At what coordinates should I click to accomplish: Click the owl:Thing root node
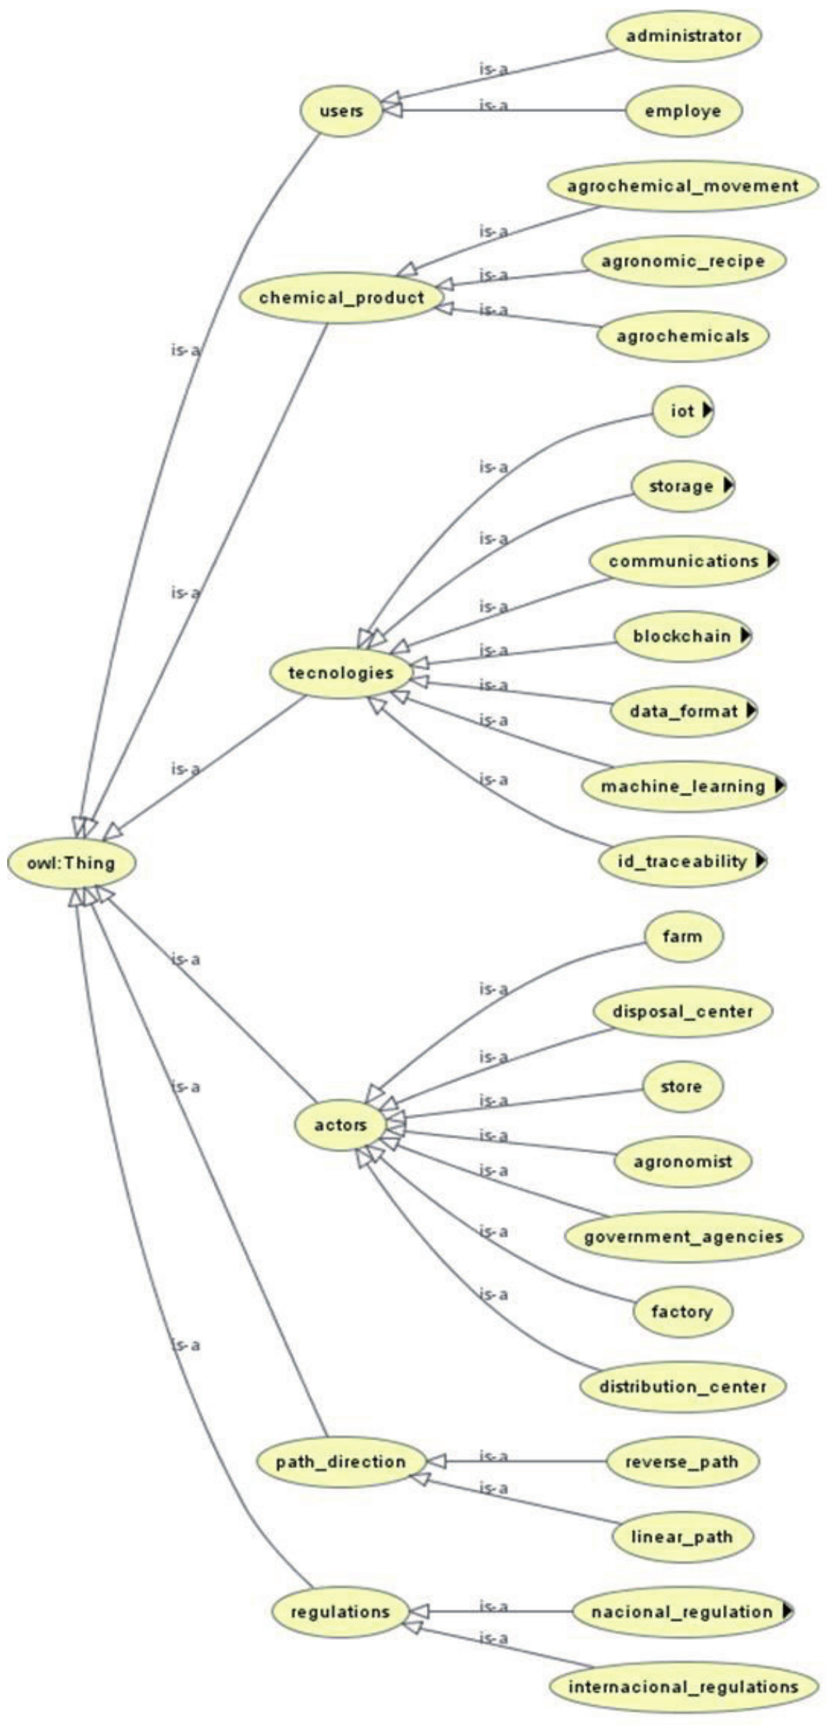point(71,863)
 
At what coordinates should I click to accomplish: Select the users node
point(341,112)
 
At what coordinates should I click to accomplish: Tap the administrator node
point(683,36)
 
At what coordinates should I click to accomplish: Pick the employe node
point(683,111)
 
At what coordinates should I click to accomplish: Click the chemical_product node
point(342,297)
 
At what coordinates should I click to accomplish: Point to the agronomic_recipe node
point(683,261)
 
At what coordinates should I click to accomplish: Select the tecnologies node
point(341,673)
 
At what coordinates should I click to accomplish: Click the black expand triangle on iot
point(707,411)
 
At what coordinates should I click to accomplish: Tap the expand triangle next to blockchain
point(744,635)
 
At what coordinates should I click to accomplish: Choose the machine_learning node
point(683,786)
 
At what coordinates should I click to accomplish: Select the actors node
point(341,1125)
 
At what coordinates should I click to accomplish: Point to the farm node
point(683,936)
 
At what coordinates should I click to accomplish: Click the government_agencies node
point(683,1237)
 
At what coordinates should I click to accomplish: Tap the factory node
point(682,1312)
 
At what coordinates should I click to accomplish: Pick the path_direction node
point(341,1461)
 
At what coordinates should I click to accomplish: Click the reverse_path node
point(682,1461)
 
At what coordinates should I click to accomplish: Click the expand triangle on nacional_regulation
point(786,1611)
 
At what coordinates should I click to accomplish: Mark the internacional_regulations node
point(683,1686)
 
